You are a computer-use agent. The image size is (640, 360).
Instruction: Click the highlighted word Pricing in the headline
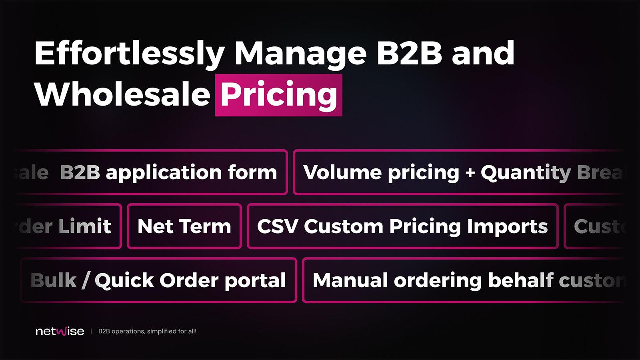point(279,95)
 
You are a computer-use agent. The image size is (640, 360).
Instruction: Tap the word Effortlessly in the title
point(129,54)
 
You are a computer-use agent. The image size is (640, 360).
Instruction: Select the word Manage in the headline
point(300,54)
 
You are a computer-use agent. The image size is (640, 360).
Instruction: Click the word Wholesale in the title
point(122,95)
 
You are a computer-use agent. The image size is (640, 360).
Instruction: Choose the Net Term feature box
point(184,226)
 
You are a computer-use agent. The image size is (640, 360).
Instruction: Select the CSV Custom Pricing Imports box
point(402,226)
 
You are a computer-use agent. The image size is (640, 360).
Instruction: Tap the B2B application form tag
point(168,172)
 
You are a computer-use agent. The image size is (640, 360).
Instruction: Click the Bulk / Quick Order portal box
point(158,280)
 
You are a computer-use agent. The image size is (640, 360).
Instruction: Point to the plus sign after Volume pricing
point(470,173)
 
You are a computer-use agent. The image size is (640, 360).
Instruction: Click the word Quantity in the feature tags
point(526,173)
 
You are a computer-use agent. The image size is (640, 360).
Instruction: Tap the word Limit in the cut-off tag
point(85,226)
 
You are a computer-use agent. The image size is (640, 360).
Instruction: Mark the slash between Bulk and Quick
point(86,280)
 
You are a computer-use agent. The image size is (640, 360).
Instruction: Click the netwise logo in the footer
point(60,331)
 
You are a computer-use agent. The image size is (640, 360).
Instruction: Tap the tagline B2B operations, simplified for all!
point(147,331)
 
